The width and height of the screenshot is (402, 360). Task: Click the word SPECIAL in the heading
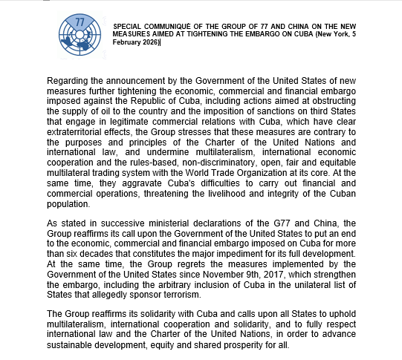[x=128, y=27]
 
